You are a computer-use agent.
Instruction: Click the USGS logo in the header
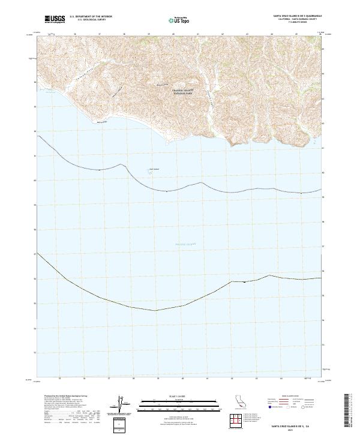coord(53,20)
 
